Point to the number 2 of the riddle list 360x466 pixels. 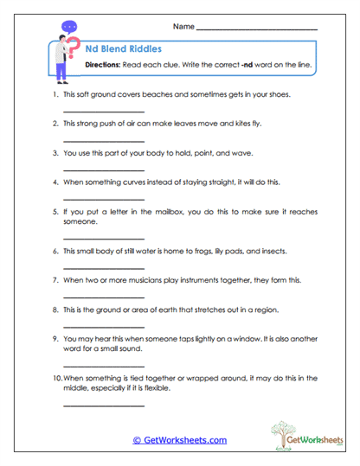point(55,124)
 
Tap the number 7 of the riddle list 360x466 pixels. point(55,280)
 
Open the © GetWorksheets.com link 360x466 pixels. point(179,440)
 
